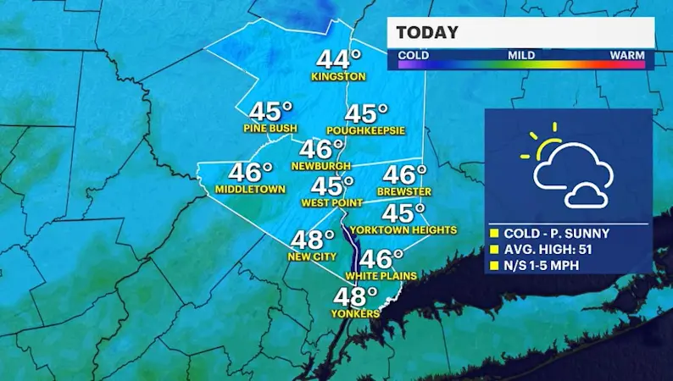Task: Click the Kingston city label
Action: [338, 76]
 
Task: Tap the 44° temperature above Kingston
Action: [338, 59]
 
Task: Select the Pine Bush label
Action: [270, 129]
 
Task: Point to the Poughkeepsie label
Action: [366, 130]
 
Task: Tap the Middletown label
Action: [250, 188]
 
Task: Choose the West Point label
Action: [331, 203]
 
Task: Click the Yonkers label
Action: [356, 313]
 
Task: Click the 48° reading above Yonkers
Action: [354, 296]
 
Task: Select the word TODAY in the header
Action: [427, 33]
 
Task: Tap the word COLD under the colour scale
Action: [413, 55]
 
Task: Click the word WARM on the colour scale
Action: [627, 55]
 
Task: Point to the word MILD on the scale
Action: [520, 55]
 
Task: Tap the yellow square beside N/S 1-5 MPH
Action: [495, 266]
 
